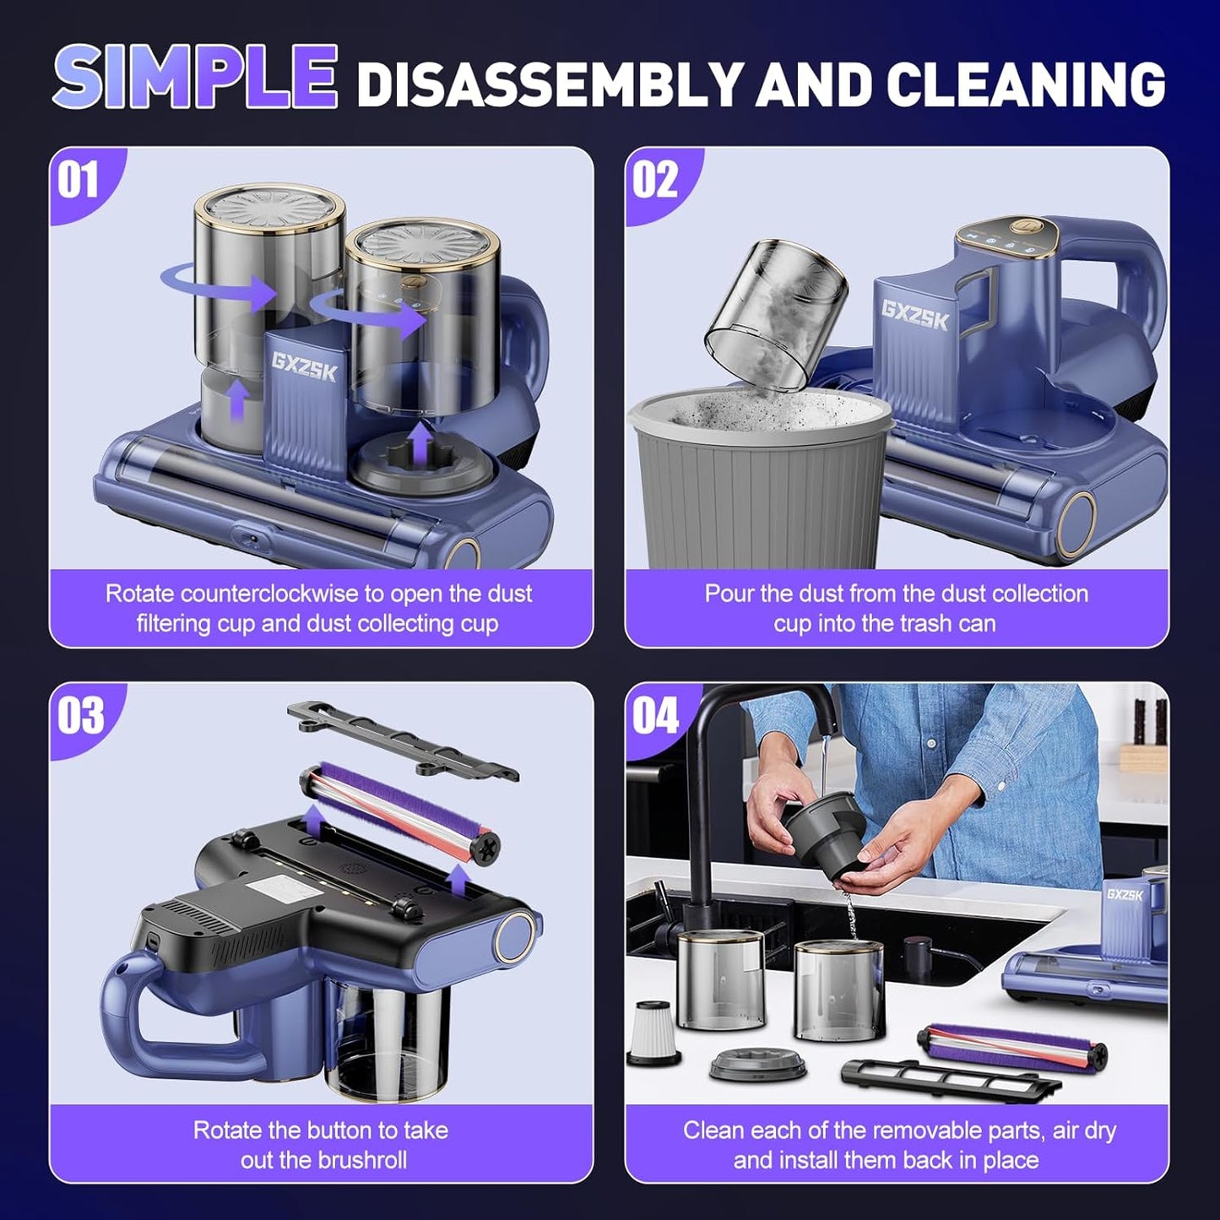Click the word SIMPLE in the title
click(196, 78)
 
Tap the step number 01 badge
click(79, 180)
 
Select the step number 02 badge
click(655, 180)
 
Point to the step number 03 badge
click(80, 716)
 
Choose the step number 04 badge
click(656, 716)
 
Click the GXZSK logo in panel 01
click(304, 367)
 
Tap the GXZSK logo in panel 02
click(915, 315)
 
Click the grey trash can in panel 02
click(760, 490)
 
